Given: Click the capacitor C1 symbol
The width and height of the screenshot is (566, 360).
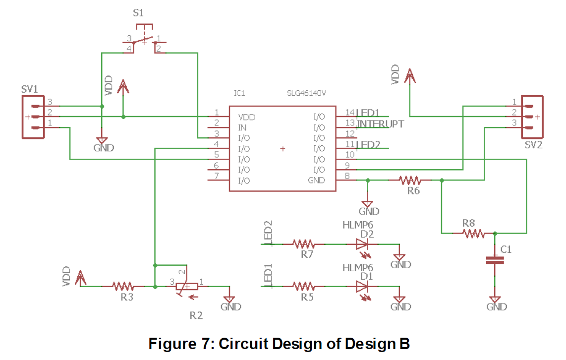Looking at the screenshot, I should point(494,260).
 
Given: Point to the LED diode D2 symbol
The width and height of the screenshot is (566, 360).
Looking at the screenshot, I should point(363,244).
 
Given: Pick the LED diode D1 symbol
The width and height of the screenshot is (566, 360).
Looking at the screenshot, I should point(363,287).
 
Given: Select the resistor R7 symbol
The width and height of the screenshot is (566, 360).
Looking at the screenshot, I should point(303,244).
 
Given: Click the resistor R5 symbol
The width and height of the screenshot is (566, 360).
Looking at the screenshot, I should point(303,287).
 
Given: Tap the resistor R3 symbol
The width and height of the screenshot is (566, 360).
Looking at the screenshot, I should point(122,286).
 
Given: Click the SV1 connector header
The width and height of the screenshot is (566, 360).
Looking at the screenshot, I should point(34,117).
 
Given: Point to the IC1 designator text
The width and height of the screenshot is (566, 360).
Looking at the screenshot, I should point(239,93).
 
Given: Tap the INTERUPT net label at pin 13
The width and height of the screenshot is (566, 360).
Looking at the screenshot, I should point(380,124).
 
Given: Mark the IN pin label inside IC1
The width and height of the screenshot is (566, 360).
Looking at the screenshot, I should point(242,128).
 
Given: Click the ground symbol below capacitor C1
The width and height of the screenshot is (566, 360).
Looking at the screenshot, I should point(495,300).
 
